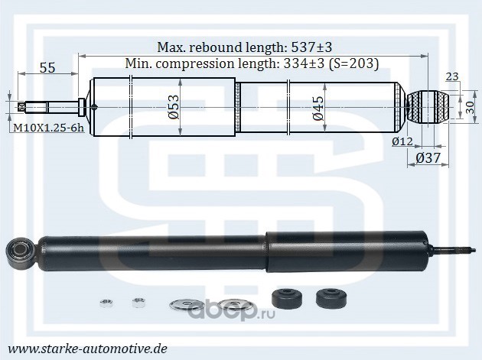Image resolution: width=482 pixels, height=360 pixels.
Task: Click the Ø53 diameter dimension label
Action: pos(174,106)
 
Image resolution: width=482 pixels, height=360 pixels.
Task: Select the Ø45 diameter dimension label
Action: pos(318,108)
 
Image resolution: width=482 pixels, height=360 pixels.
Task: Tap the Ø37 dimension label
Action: pos(428,158)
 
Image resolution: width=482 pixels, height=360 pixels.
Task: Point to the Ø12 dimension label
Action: pos(402,141)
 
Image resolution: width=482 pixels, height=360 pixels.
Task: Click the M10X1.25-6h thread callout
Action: pos(48,128)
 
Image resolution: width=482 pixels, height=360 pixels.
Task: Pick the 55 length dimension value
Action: pos(47,67)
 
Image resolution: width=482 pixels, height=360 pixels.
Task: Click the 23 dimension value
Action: pos(452,76)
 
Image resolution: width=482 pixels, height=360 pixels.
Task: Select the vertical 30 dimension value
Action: pos(470,108)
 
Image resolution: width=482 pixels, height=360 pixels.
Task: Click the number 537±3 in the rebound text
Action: pos(311,47)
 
